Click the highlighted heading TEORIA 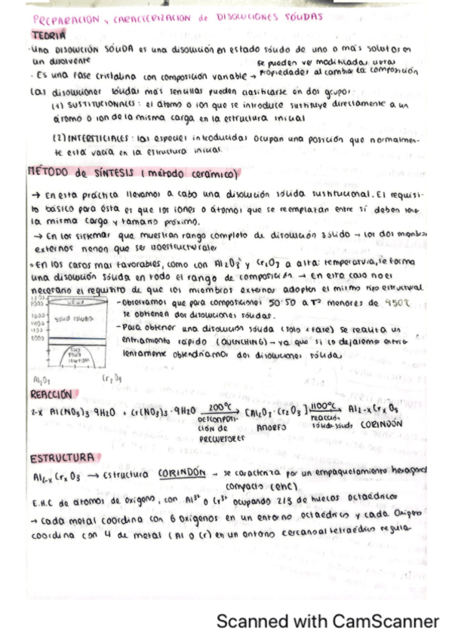click(x=49, y=35)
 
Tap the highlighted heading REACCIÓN click(x=51, y=394)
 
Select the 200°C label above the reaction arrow click(x=219, y=406)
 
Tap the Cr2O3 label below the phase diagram click(x=112, y=378)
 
